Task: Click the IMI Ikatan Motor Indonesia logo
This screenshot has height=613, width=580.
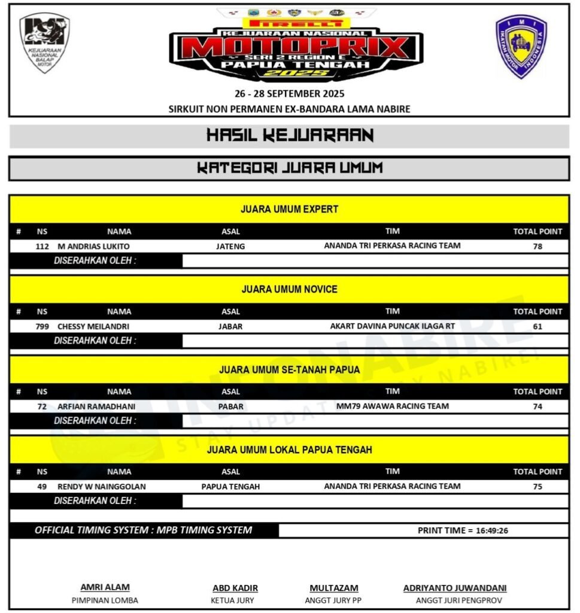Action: pos(521,46)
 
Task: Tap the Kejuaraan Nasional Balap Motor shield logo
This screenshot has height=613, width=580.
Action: pos(44,43)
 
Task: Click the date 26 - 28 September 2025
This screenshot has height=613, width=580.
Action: pos(289,94)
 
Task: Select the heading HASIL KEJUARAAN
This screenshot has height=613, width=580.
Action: pos(290,135)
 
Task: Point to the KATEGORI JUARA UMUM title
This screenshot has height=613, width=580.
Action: pos(290,168)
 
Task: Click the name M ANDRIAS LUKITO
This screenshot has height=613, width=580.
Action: pos(93,246)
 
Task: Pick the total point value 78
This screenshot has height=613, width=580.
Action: pos(538,246)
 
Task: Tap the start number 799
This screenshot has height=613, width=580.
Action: pos(42,327)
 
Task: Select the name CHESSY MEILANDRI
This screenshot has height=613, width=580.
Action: pos(93,327)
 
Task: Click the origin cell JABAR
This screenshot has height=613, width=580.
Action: pos(230,327)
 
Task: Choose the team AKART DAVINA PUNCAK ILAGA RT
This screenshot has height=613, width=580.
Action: pos(392,326)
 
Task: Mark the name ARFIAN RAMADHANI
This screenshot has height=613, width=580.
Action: pos(96,406)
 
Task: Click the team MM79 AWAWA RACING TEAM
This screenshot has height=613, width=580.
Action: pos(392,406)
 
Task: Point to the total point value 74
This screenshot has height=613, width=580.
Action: pos(538,406)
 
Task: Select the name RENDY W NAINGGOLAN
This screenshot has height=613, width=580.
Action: pos(102,487)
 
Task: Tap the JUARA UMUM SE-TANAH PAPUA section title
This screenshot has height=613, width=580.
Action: pos(290,370)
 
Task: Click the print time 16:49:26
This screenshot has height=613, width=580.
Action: pos(491,530)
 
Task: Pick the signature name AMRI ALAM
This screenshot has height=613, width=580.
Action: pos(105,587)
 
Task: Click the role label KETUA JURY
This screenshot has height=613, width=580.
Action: pos(232,600)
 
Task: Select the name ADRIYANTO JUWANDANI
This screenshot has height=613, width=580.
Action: pos(455,588)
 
